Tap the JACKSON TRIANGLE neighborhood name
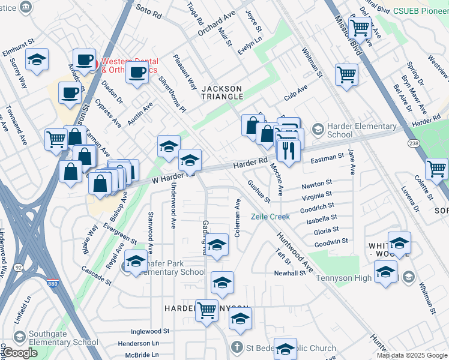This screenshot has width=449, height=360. click(x=221, y=92)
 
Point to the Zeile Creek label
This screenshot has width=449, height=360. click(x=270, y=217)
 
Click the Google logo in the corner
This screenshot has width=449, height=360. click(x=19, y=353)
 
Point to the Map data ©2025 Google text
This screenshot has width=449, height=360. click(x=412, y=355)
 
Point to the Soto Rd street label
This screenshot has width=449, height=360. click(x=149, y=8)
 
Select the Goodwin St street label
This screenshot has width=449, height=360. click(x=331, y=241)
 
